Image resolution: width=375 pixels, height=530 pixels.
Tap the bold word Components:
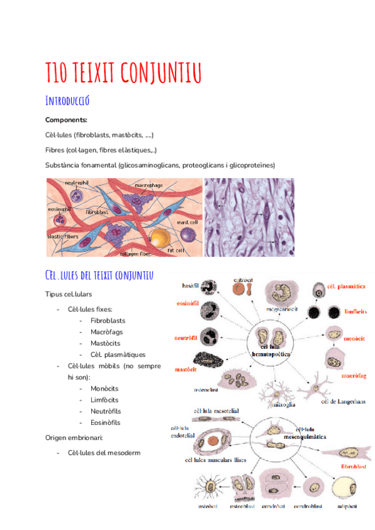(66, 120)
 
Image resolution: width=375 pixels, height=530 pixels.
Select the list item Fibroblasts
(107, 321)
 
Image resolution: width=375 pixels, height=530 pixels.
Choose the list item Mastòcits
(105, 343)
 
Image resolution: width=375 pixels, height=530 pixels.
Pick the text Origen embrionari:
(74, 437)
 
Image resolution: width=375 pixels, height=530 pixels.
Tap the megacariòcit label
(282, 309)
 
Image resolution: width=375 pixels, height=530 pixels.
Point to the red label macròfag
(353, 376)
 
